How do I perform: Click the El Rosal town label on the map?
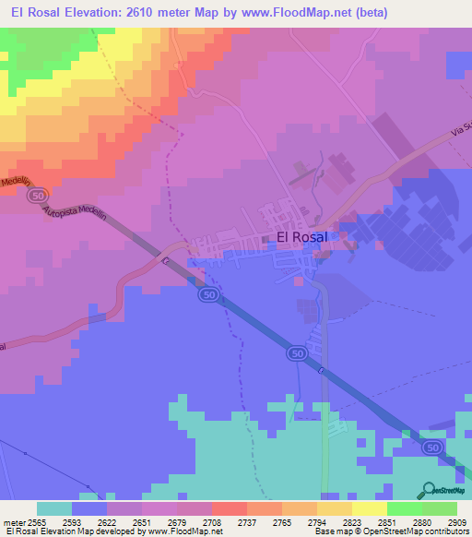coord(301,237)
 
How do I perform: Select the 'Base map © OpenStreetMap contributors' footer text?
coord(391,531)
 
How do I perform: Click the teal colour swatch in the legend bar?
coord(54,507)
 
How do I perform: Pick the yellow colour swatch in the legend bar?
coord(335,507)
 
